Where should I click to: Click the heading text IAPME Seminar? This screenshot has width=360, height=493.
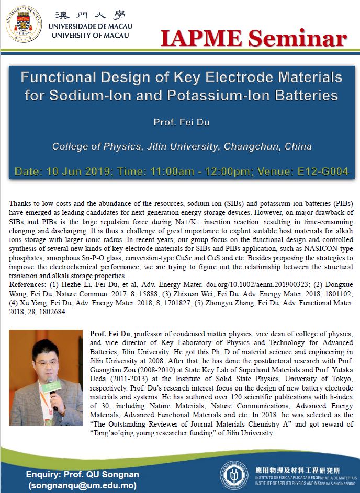(x=253, y=39)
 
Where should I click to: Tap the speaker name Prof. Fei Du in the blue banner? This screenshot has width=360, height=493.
(x=181, y=123)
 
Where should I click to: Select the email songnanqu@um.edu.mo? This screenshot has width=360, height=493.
(x=78, y=486)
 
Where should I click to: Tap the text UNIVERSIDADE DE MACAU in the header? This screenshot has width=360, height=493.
(x=90, y=26)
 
